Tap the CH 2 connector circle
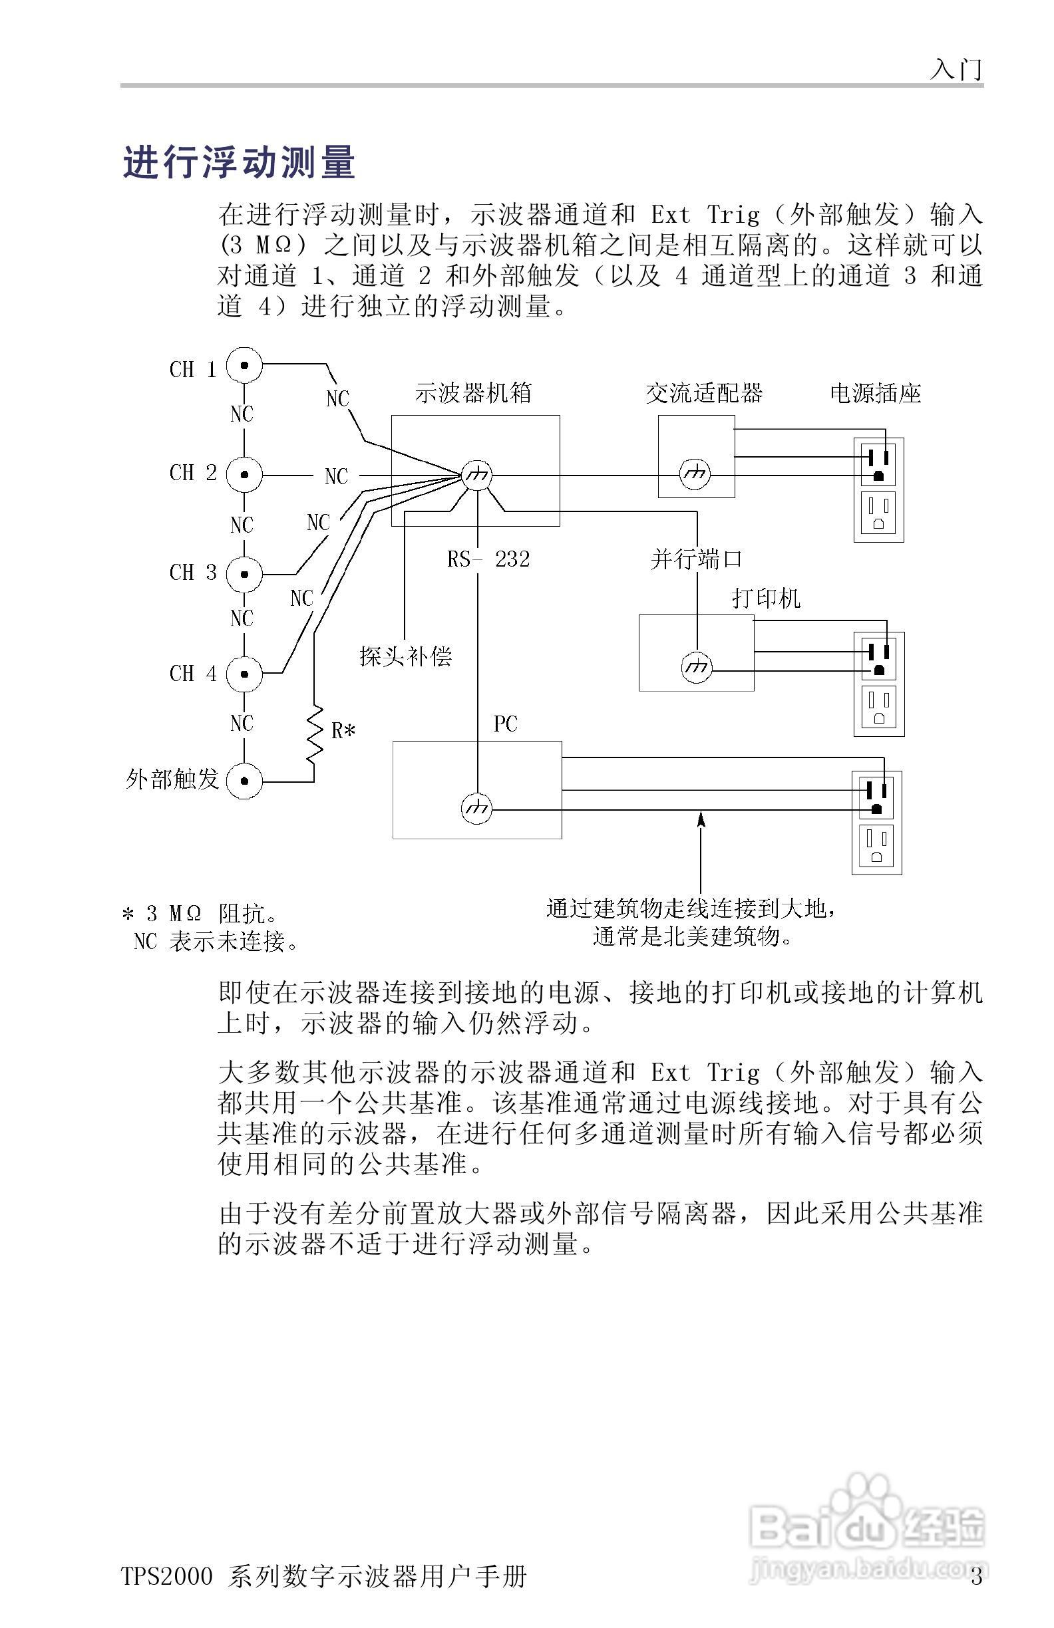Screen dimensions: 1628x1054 point(244,474)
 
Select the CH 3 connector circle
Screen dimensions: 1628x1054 point(244,573)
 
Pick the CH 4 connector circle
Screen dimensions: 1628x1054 point(244,673)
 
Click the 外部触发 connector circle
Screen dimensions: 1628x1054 point(244,781)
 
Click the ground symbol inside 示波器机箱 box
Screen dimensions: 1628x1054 point(476,475)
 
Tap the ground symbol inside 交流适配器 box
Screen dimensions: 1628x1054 point(695,474)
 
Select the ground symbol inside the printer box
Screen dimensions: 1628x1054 point(697,668)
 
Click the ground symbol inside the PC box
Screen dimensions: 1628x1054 point(476,809)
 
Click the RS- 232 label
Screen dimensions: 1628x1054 point(488,559)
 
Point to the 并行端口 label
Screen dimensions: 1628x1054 point(696,559)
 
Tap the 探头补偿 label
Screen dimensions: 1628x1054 point(405,656)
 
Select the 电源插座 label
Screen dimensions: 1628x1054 point(876,393)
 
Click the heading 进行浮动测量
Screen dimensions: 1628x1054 point(240,164)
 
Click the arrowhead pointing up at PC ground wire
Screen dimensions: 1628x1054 point(700,818)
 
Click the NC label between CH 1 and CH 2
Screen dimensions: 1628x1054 point(242,414)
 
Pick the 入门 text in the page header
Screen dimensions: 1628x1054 point(956,69)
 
